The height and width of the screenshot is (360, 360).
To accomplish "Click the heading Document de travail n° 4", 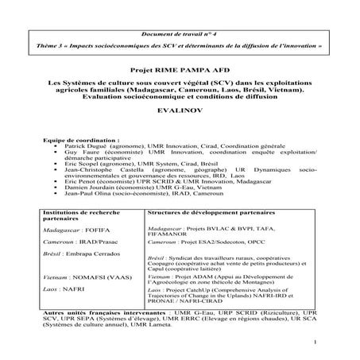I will pyautogui.click(x=180, y=35).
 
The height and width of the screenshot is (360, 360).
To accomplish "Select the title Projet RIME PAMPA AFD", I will pyautogui.click(x=180, y=70).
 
